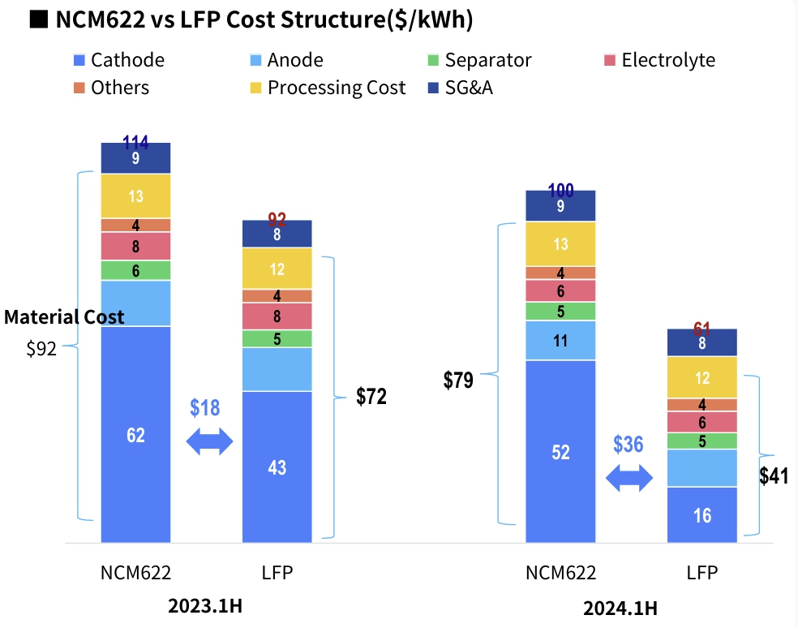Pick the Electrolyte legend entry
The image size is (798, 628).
(x=659, y=60)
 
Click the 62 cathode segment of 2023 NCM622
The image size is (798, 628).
(x=135, y=434)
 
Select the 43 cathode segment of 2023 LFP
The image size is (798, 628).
(x=277, y=467)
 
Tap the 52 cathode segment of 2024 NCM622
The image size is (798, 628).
(x=560, y=451)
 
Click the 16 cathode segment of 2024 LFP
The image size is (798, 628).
(x=702, y=514)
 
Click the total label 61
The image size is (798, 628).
(x=702, y=329)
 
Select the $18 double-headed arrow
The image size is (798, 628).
(x=210, y=441)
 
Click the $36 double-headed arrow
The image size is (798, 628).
(x=629, y=478)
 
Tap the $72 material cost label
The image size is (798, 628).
(x=371, y=397)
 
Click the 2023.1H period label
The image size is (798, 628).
(x=205, y=606)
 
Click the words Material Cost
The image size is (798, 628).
(x=64, y=317)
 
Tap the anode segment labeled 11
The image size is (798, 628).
(x=560, y=341)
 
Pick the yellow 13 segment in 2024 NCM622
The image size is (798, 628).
(x=560, y=244)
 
